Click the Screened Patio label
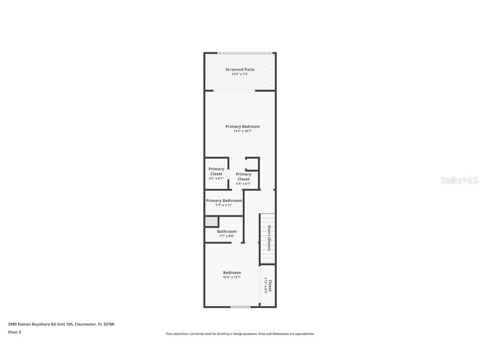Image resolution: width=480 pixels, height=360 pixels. (240, 70)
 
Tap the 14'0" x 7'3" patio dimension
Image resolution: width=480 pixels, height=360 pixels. (240, 74)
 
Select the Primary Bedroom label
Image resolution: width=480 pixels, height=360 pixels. (242, 127)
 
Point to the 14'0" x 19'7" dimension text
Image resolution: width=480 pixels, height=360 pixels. (242, 131)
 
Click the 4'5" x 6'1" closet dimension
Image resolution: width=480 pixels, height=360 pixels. (216, 178)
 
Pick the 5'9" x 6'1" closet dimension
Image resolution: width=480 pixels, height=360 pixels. (244, 184)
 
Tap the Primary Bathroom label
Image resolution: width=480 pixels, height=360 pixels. (224, 200)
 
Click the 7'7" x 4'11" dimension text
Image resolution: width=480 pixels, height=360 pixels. (224, 205)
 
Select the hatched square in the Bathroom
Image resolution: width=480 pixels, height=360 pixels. (212, 222)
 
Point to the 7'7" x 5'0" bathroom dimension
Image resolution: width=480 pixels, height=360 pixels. (227, 236)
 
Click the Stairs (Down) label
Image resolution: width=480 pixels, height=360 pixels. (270, 238)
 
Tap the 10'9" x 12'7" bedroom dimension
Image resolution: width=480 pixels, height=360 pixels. (232, 277)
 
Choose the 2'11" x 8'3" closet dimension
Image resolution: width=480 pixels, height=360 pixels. (265, 286)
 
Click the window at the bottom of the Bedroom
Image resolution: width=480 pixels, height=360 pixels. (240, 307)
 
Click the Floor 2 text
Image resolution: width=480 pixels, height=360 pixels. (15, 332)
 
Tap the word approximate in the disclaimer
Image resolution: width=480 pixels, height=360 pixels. (305, 334)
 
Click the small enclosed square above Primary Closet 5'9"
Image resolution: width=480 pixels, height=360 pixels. (252, 163)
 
